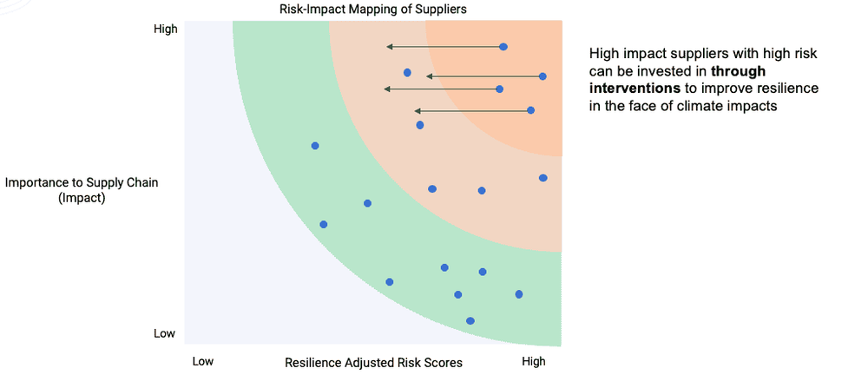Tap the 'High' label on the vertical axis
tap(165, 29)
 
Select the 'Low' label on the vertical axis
tap(165, 334)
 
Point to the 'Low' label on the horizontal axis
tap(202, 362)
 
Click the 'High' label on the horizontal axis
tap(533, 362)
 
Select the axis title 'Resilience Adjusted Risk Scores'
tap(373, 362)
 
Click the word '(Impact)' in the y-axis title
tap(81, 198)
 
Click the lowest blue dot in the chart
tap(470, 321)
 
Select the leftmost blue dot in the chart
tap(315, 146)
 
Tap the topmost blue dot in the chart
tap(503, 46)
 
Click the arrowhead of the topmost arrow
tap(390, 46)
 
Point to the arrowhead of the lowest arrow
tap(418, 110)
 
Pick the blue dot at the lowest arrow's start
tap(531, 110)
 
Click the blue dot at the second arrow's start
tap(542, 76)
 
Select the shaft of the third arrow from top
tap(443, 89)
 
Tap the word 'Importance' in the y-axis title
tap(38, 182)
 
